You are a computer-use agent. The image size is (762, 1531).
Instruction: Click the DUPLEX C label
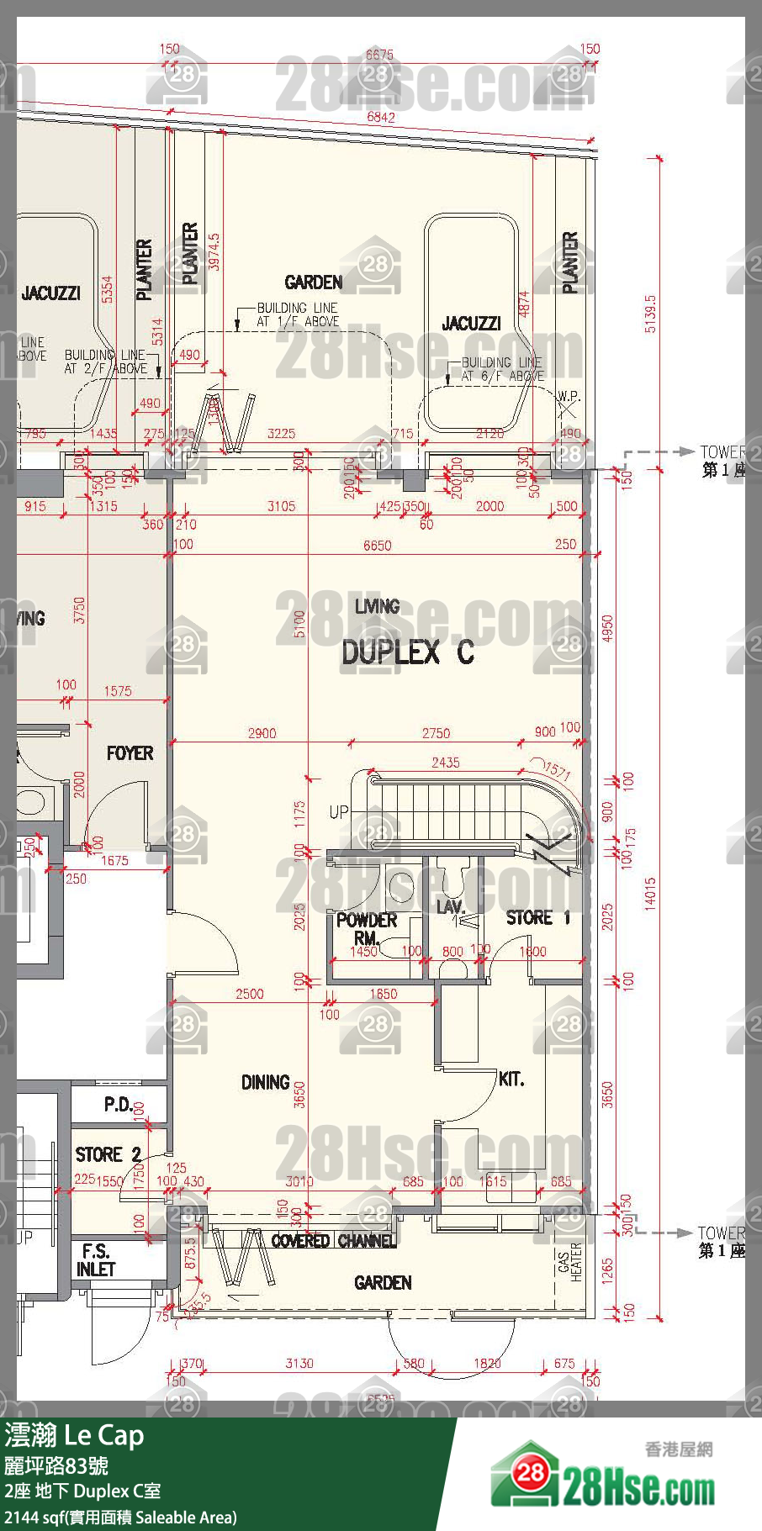(407, 652)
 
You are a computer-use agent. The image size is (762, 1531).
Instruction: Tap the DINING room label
(265, 1083)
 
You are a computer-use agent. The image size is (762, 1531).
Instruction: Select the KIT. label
(511, 1079)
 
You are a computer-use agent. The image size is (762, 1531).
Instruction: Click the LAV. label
(451, 907)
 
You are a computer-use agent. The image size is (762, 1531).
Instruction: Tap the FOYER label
(130, 754)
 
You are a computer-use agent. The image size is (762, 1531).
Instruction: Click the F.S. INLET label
(95, 1261)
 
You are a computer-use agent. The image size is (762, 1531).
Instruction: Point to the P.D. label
(118, 1105)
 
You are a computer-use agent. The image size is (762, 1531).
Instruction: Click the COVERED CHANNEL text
(333, 1241)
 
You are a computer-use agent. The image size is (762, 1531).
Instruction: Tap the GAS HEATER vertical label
(569, 1262)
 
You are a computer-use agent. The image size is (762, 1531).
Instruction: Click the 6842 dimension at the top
(380, 118)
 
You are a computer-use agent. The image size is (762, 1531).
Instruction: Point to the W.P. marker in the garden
(569, 396)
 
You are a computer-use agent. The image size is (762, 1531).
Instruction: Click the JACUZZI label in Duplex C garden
(471, 324)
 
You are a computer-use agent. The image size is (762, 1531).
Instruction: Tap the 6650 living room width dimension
(377, 546)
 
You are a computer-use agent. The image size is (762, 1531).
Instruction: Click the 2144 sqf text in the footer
(26, 1518)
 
